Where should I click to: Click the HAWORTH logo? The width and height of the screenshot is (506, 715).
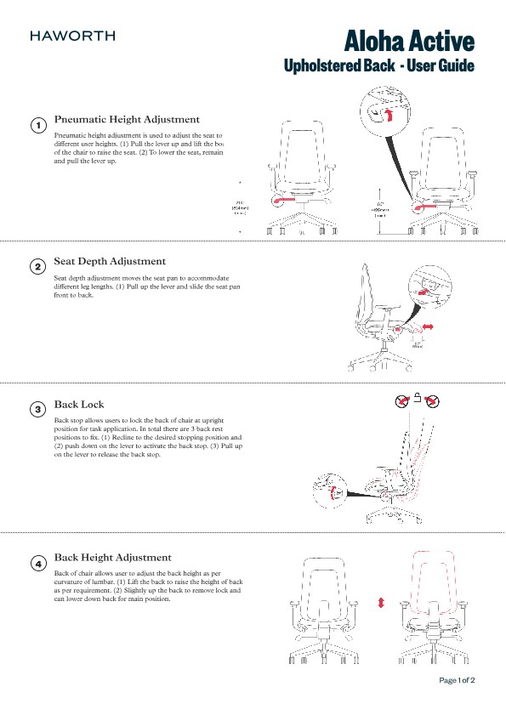[72, 37]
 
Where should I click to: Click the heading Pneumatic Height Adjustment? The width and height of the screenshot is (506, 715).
[127, 119]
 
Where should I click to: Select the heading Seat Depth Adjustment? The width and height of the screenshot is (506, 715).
[110, 261]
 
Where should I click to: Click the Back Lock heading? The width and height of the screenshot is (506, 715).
[79, 404]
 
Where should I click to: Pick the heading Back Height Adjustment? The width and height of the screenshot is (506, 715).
[112, 557]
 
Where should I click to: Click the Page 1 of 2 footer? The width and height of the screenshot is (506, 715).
[457, 680]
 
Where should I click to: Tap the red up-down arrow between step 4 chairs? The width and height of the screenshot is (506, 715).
[381, 602]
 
